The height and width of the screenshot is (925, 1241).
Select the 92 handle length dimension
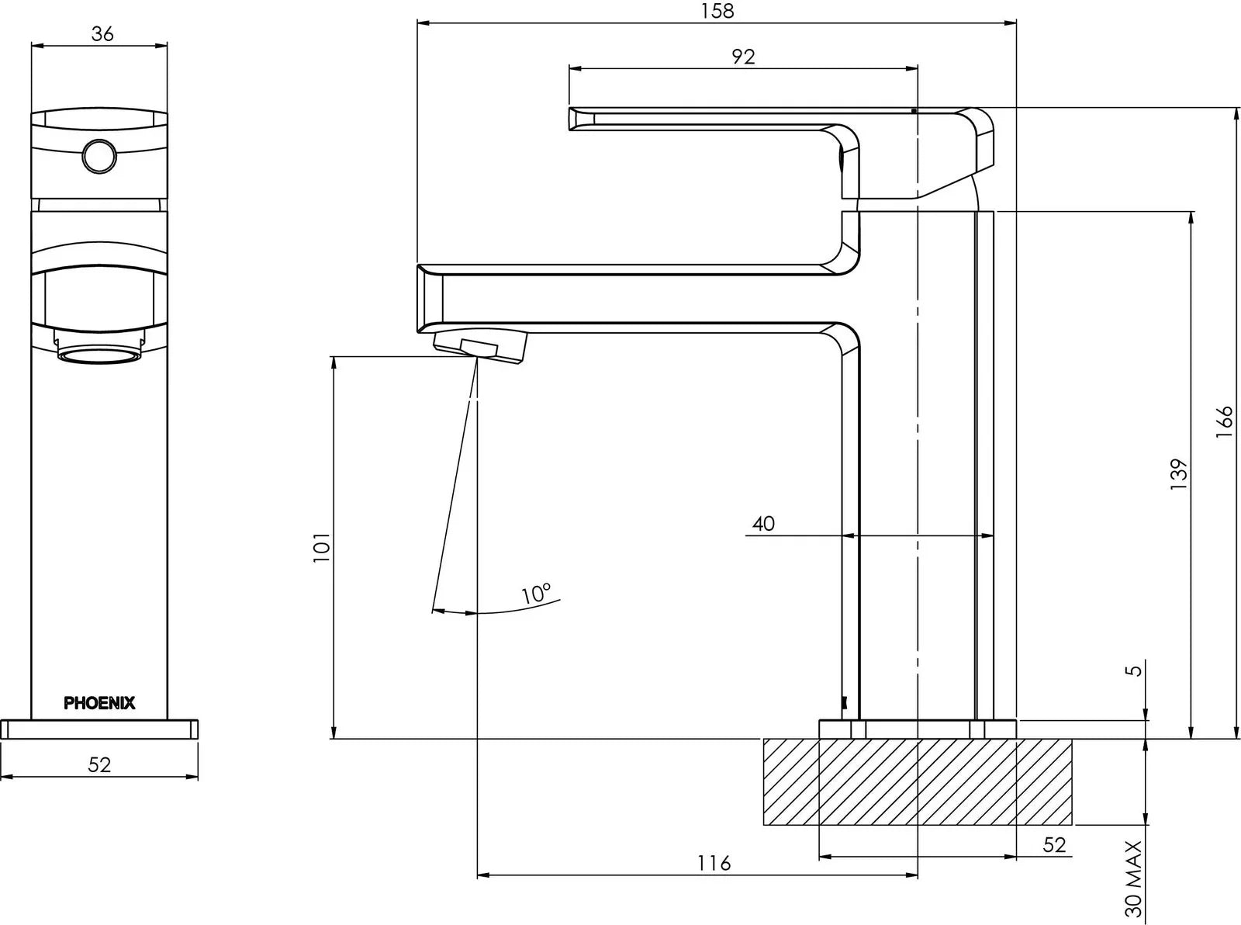coord(742,57)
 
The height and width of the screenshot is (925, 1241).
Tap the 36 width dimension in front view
coord(102,34)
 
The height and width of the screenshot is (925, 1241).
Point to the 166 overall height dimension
coord(1224,421)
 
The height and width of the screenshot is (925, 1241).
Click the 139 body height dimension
coord(1179,474)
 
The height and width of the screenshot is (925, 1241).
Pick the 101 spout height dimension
coord(322,547)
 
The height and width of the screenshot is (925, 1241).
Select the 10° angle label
coord(535,594)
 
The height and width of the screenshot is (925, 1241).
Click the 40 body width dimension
coord(763,524)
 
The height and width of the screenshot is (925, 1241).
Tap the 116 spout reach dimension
coord(714,863)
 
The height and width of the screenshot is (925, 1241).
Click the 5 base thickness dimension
coord(1134,669)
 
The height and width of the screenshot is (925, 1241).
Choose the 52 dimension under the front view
coord(99,764)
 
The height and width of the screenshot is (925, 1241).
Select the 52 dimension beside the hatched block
coord(1054,844)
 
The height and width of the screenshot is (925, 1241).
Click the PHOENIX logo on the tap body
coord(99,703)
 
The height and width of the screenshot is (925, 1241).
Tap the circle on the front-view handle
coord(99,156)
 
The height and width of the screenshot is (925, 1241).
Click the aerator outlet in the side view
coord(481,346)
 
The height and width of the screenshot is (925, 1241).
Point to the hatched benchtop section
coord(918,781)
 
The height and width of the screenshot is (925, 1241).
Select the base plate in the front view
coord(99,729)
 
